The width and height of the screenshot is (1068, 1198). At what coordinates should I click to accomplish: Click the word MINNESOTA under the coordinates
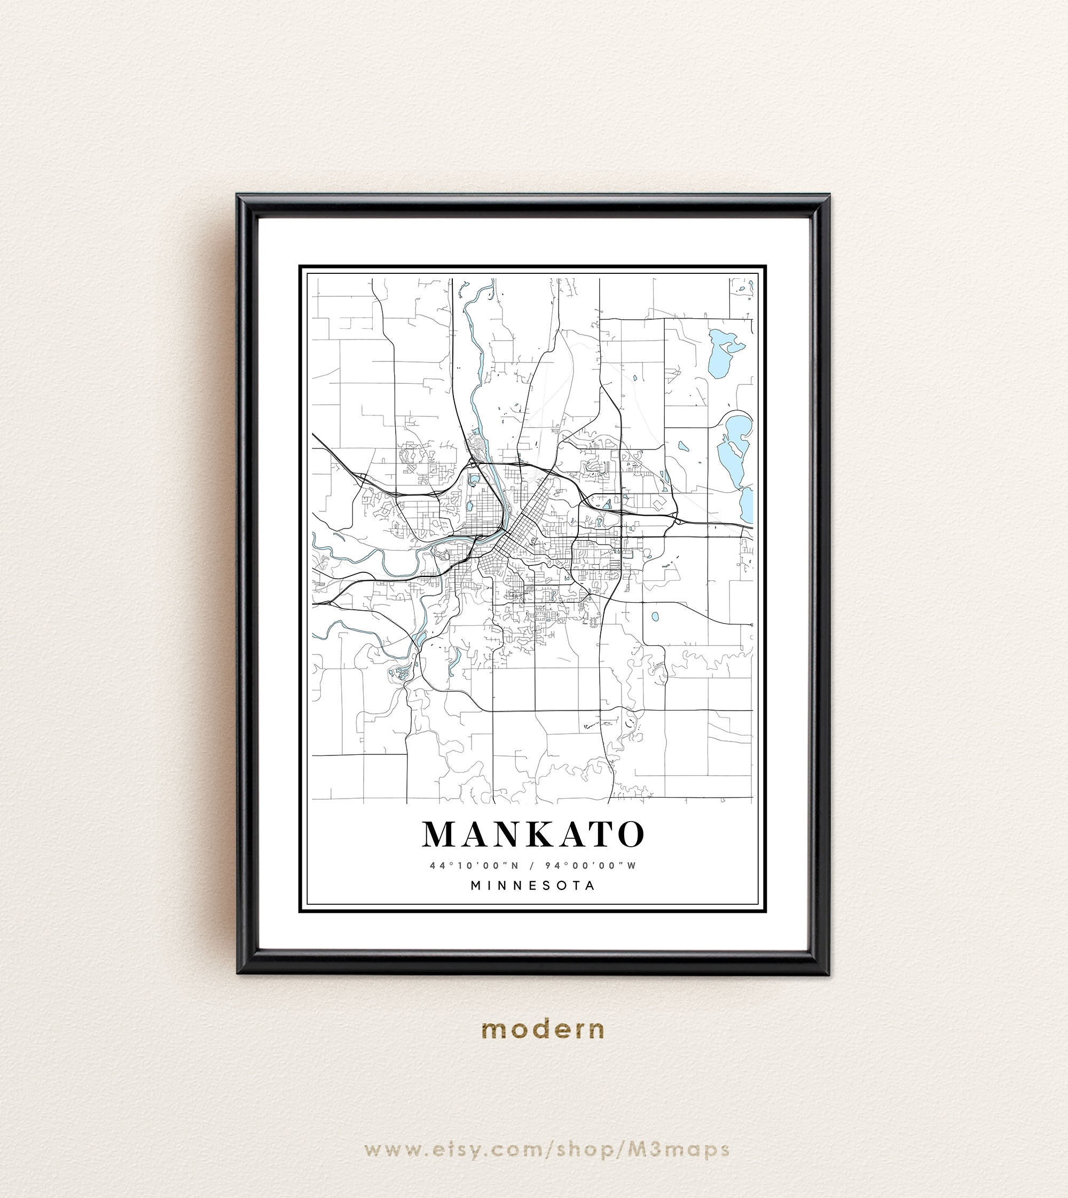pyautogui.click(x=533, y=886)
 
